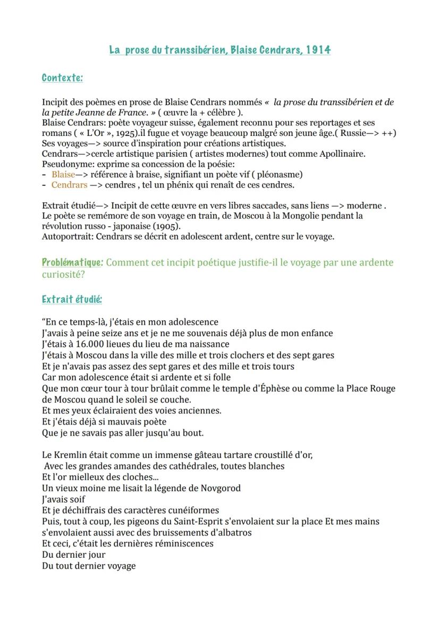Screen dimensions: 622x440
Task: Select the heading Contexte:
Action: point(62,78)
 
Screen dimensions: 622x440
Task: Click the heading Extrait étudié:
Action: point(72,299)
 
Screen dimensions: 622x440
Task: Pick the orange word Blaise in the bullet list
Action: point(63,175)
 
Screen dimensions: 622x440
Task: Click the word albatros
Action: point(232,532)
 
